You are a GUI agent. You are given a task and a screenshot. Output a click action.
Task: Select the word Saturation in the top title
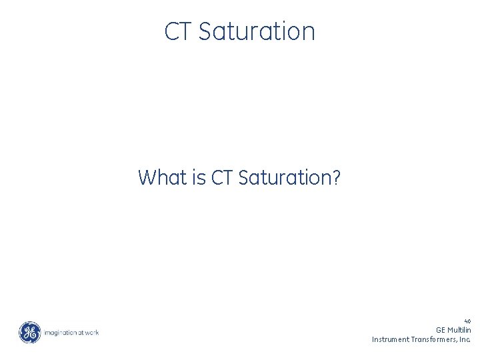tap(257, 31)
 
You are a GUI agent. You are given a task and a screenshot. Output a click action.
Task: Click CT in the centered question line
tap(222, 178)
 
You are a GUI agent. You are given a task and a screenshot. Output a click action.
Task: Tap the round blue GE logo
tap(29, 332)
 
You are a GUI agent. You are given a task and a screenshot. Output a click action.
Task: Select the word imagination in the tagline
tap(60, 332)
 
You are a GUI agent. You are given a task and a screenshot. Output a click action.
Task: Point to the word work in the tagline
tap(92, 332)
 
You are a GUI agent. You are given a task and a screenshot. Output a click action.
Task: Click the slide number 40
tap(467, 321)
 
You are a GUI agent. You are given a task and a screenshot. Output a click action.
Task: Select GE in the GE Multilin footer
tap(441, 330)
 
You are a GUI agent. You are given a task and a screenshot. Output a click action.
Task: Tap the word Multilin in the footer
tap(459, 330)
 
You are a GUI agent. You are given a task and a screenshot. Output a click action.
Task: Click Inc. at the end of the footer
tap(465, 339)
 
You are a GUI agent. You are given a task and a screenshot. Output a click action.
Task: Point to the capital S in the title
tap(204, 31)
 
